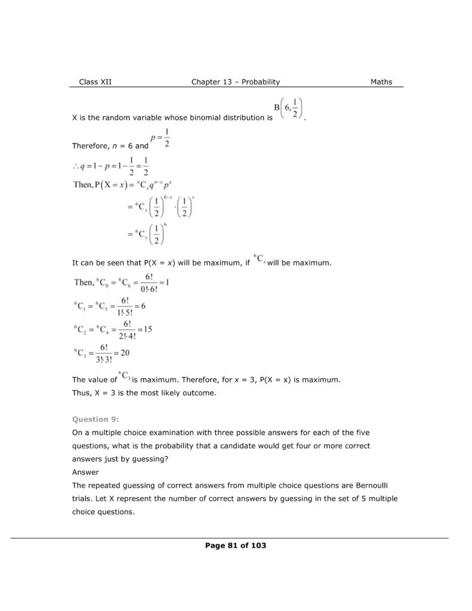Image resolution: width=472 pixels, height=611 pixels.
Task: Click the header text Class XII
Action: tap(95, 82)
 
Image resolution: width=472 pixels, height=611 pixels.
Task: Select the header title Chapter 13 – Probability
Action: tap(235, 82)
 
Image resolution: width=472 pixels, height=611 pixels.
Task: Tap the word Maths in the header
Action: tap(381, 82)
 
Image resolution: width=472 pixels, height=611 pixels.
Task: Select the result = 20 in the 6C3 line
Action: tap(121, 353)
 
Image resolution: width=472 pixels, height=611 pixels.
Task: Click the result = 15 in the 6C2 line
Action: tap(144, 328)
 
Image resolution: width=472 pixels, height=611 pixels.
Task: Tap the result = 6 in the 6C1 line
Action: tap(140, 305)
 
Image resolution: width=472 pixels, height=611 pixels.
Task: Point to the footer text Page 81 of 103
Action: tap(235, 545)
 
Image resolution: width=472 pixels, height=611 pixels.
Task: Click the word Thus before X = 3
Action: tap(81, 393)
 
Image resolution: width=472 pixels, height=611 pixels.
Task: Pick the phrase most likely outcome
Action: tap(179, 393)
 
